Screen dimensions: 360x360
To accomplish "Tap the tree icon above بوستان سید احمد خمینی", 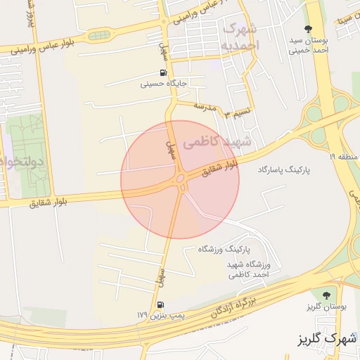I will click(307, 28).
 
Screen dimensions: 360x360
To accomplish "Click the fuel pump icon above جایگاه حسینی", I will click(163, 72).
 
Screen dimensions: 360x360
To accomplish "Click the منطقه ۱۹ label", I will click(342, 156).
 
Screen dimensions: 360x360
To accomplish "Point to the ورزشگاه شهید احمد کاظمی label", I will click(248, 269).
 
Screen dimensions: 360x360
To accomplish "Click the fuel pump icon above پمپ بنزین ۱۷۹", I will click(161, 305).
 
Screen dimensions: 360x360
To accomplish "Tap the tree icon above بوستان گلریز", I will click(324, 295).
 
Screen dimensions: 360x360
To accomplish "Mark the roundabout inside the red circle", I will click(181, 180).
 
